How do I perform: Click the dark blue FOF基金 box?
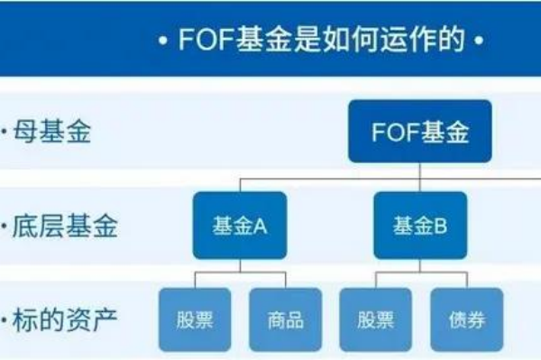click(420, 134)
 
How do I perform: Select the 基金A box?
click(239, 226)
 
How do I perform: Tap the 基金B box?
click(420, 226)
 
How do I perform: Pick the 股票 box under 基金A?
click(194, 319)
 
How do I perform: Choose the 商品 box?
click(285, 319)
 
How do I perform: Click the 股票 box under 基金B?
click(375, 319)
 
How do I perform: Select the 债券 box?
click(466, 319)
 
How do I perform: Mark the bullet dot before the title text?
click(162, 42)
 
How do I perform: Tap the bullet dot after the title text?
click(477, 42)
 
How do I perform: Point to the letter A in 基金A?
click(261, 226)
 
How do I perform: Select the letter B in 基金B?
click(441, 226)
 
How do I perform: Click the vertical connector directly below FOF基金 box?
click(420, 171)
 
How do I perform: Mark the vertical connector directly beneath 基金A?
click(239, 265)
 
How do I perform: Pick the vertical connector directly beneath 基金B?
click(420, 265)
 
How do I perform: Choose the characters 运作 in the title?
click(398, 41)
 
